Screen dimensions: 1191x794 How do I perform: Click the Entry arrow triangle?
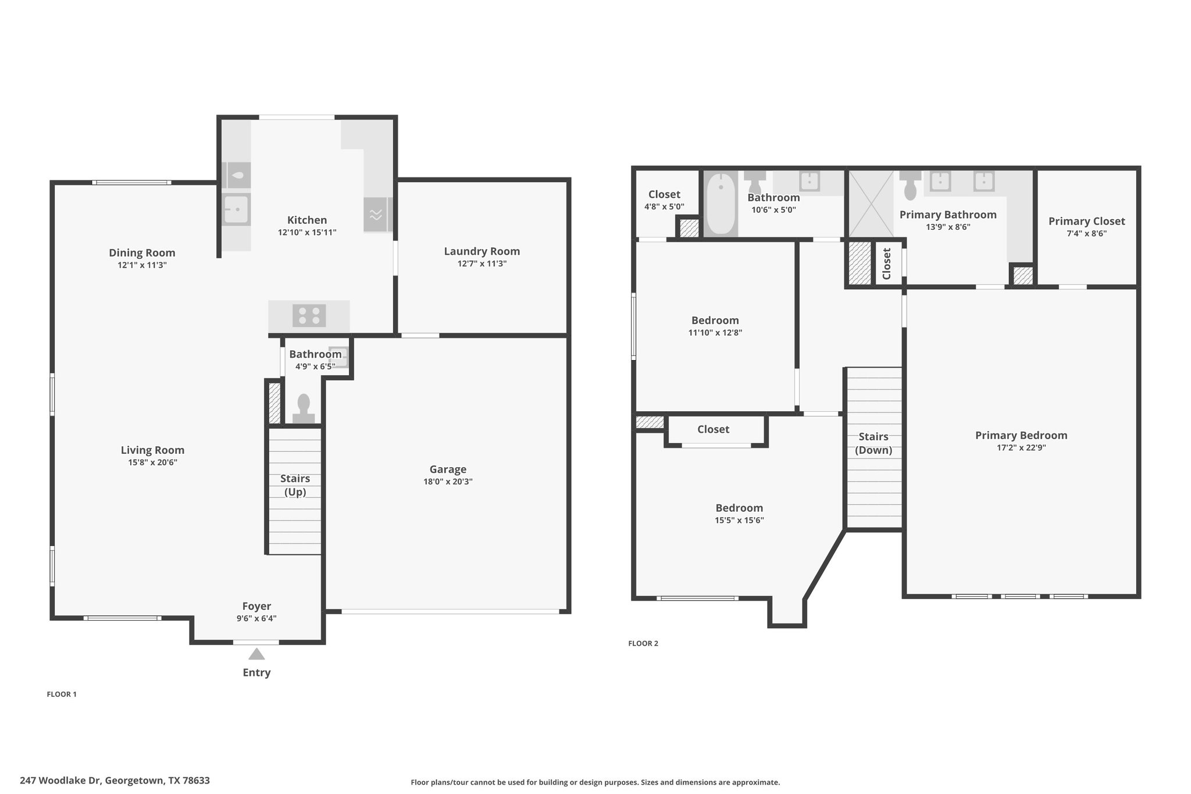point(256,654)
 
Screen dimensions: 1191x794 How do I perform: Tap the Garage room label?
point(448,469)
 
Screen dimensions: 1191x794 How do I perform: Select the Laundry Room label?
point(482,251)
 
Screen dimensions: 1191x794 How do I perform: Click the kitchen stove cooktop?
point(309,316)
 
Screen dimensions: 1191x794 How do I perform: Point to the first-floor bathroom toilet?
point(304,408)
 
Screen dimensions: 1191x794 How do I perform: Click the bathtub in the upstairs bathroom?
point(721,204)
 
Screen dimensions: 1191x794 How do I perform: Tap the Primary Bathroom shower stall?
point(871,204)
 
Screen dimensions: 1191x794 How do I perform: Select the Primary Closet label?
point(1086,221)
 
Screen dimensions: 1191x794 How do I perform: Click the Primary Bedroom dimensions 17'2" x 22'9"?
point(1021,448)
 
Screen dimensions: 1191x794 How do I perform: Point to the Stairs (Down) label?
point(873,443)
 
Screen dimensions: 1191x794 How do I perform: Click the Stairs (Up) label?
point(295,485)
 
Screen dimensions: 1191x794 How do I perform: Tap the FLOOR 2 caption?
point(643,643)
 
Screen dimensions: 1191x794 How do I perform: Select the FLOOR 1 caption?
point(62,694)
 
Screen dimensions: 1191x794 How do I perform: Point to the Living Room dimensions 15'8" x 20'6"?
point(153,462)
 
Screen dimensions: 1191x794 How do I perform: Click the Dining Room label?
point(142,252)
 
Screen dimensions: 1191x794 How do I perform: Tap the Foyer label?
point(256,606)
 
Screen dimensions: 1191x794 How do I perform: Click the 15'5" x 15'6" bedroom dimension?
point(739,521)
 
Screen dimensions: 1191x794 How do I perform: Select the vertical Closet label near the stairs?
point(887,264)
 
